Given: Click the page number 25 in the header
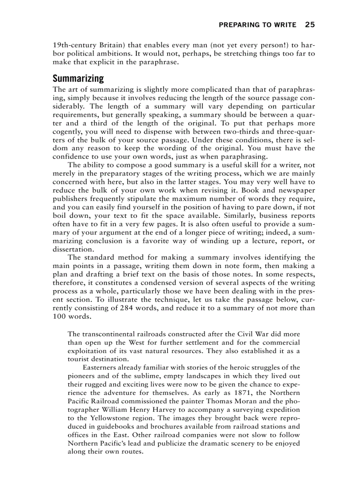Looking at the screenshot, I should [x=310, y=25].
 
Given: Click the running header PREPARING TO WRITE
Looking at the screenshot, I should [x=258, y=25].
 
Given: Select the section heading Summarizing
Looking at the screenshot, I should [x=78, y=79].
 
